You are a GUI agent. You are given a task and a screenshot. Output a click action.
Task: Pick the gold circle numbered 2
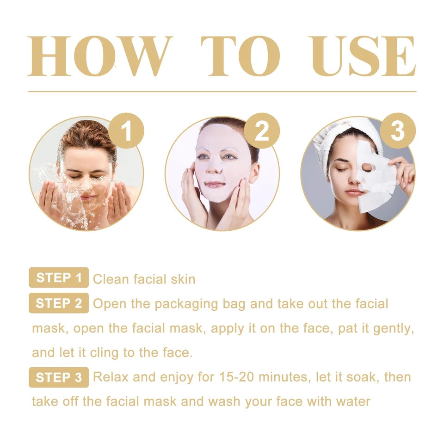pos(262,131)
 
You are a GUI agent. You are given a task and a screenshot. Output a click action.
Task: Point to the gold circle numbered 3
pos(398,131)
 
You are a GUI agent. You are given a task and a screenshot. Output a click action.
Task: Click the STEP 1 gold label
pos(59,278)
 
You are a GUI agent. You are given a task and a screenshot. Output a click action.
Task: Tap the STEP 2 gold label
pos(59,303)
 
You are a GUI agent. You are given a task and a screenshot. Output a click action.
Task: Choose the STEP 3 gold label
pos(59,377)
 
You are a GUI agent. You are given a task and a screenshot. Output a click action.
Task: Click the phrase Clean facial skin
pos(144,279)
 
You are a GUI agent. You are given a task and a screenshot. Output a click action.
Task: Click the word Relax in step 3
pos(111,377)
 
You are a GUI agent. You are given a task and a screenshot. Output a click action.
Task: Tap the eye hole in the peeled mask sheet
pos(367,166)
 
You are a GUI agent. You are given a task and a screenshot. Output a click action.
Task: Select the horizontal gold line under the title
pos(222,92)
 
